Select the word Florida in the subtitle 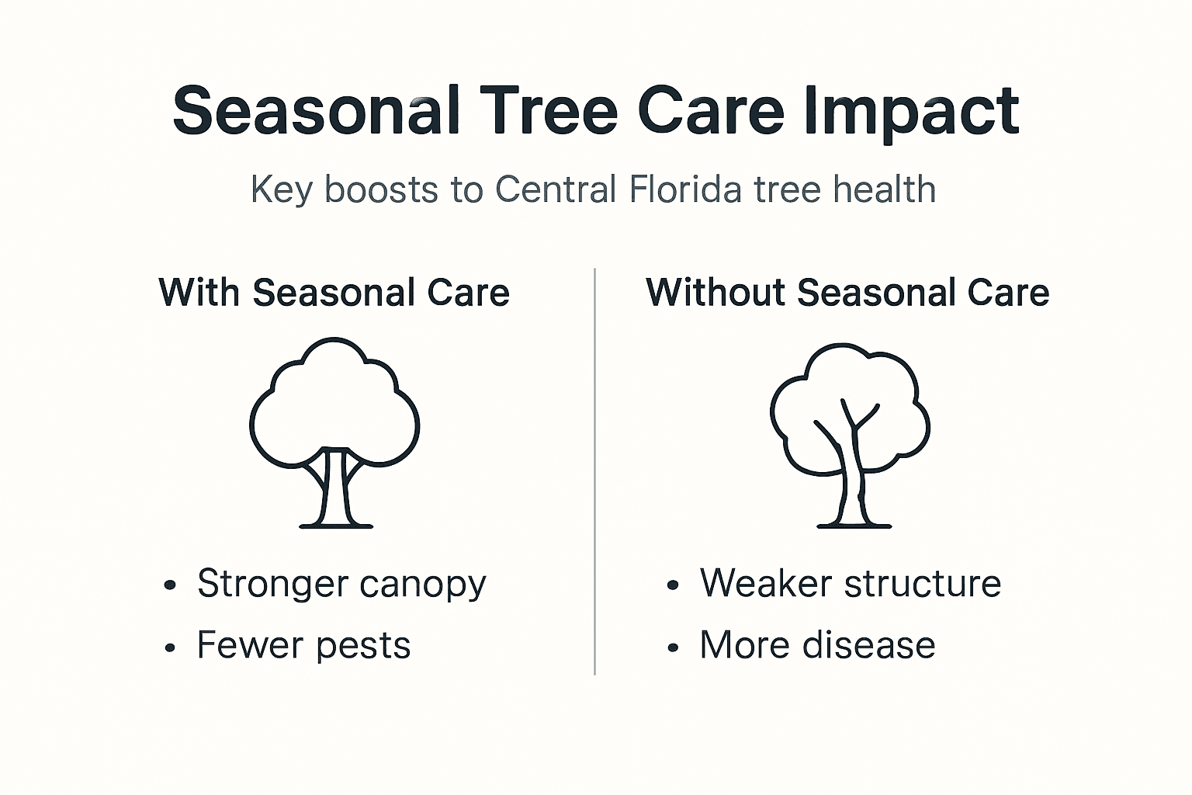[x=685, y=189]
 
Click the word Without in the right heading [x=716, y=293]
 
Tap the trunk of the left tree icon [x=336, y=489]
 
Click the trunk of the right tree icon [x=852, y=489]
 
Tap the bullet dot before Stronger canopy [x=170, y=585]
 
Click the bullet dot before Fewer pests [x=170, y=647]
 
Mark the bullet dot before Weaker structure [x=673, y=585]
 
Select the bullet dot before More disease [x=673, y=647]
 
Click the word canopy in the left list [x=422, y=585]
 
